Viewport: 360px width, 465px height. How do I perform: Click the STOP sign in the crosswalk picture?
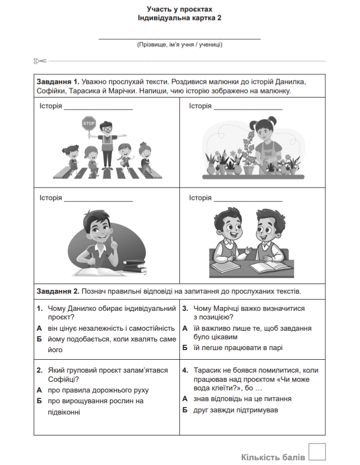click(89, 123)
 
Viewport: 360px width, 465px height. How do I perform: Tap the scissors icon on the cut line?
click(40, 61)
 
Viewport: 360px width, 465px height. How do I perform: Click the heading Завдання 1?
click(58, 82)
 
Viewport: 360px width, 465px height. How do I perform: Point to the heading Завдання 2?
click(58, 292)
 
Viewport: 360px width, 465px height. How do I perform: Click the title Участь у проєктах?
click(180, 9)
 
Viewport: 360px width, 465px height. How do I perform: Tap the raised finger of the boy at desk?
click(115, 241)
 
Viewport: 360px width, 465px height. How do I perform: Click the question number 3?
click(185, 309)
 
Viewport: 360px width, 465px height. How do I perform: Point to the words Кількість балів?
click(273, 457)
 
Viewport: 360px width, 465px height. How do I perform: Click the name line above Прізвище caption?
click(180, 39)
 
